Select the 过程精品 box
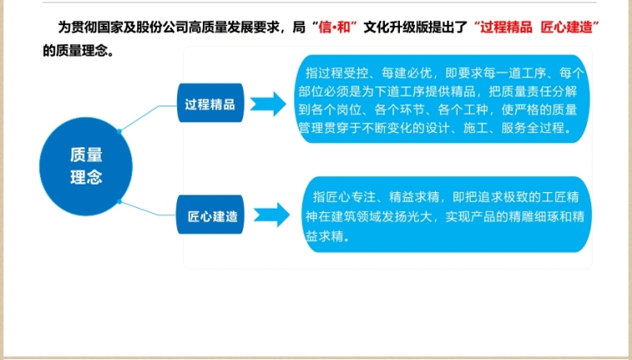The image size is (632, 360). coord(210,105)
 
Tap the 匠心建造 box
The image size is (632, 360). coord(209,217)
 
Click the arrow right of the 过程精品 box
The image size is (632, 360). coord(268,105)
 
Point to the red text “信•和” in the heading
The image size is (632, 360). coord(337,27)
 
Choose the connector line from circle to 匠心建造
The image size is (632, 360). coord(150,209)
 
